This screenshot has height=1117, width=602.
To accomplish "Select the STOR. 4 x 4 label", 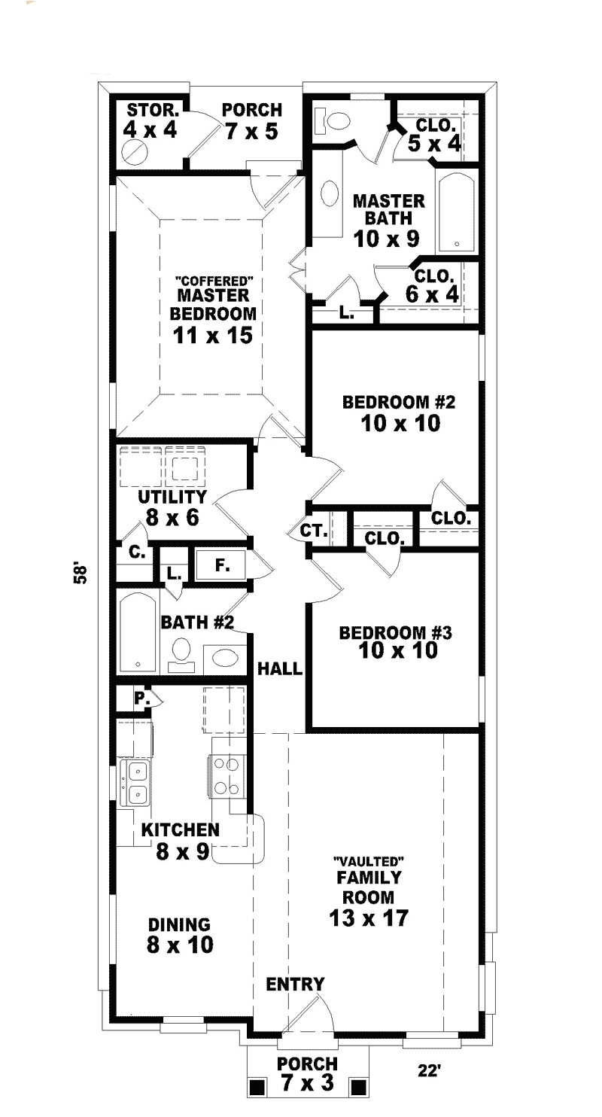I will coord(150,120).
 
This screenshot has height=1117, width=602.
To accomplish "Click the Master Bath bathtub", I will coord(455,213).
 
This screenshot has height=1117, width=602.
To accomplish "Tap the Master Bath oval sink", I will coord(330,194).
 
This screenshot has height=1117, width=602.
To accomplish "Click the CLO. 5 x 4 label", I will coord(434,134).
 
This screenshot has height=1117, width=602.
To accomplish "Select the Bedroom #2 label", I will coord(399,412).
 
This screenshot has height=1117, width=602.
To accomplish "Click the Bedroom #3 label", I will coord(395,641).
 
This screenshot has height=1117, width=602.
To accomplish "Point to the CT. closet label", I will coord(312,531).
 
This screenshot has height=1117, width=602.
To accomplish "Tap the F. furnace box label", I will coord(222,565).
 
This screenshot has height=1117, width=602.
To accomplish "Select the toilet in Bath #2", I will coord(181,652).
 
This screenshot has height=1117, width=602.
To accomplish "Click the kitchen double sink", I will coord(137,782).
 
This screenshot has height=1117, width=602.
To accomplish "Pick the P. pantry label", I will coord(140,698).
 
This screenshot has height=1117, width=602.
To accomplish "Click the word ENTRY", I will coord(295,984).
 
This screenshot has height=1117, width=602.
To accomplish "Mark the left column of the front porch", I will coord(257,1087).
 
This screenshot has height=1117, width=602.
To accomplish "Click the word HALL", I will coord(280,668).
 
